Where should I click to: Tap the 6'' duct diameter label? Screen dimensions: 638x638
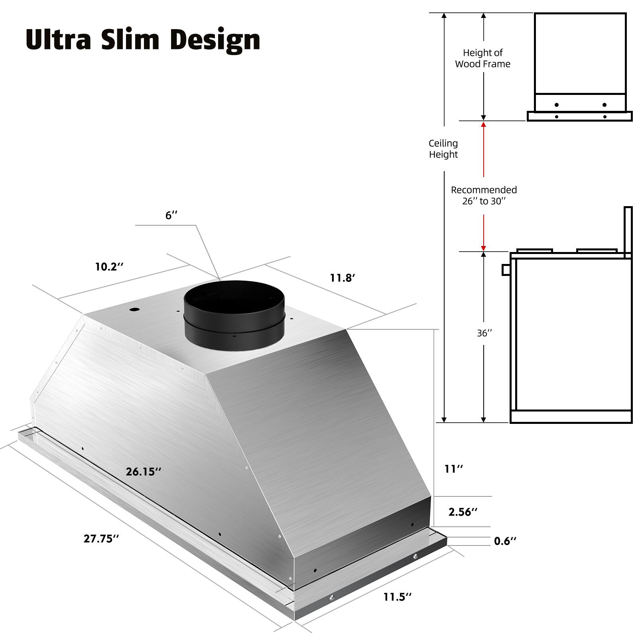[171, 215]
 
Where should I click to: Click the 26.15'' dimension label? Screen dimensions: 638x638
[144, 472]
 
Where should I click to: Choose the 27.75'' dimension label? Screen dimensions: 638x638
[101, 539]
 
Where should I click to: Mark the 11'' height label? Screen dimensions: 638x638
[454, 469]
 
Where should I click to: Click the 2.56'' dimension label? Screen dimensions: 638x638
[463, 512]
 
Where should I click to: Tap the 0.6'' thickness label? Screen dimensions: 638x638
[505, 541]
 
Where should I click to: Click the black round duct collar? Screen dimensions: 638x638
[234, 315]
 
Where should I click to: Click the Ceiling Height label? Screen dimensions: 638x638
[443, 149]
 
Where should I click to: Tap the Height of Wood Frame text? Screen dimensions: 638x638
[483, 58]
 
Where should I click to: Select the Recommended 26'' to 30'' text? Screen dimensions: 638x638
[484, 195]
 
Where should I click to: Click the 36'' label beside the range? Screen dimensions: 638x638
[484, 333]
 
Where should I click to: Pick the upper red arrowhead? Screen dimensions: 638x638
[484, 124]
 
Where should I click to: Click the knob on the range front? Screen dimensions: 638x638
[506, 270]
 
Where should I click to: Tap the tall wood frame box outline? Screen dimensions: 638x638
[580, 54]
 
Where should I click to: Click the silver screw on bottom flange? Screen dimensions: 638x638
[415, 556]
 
